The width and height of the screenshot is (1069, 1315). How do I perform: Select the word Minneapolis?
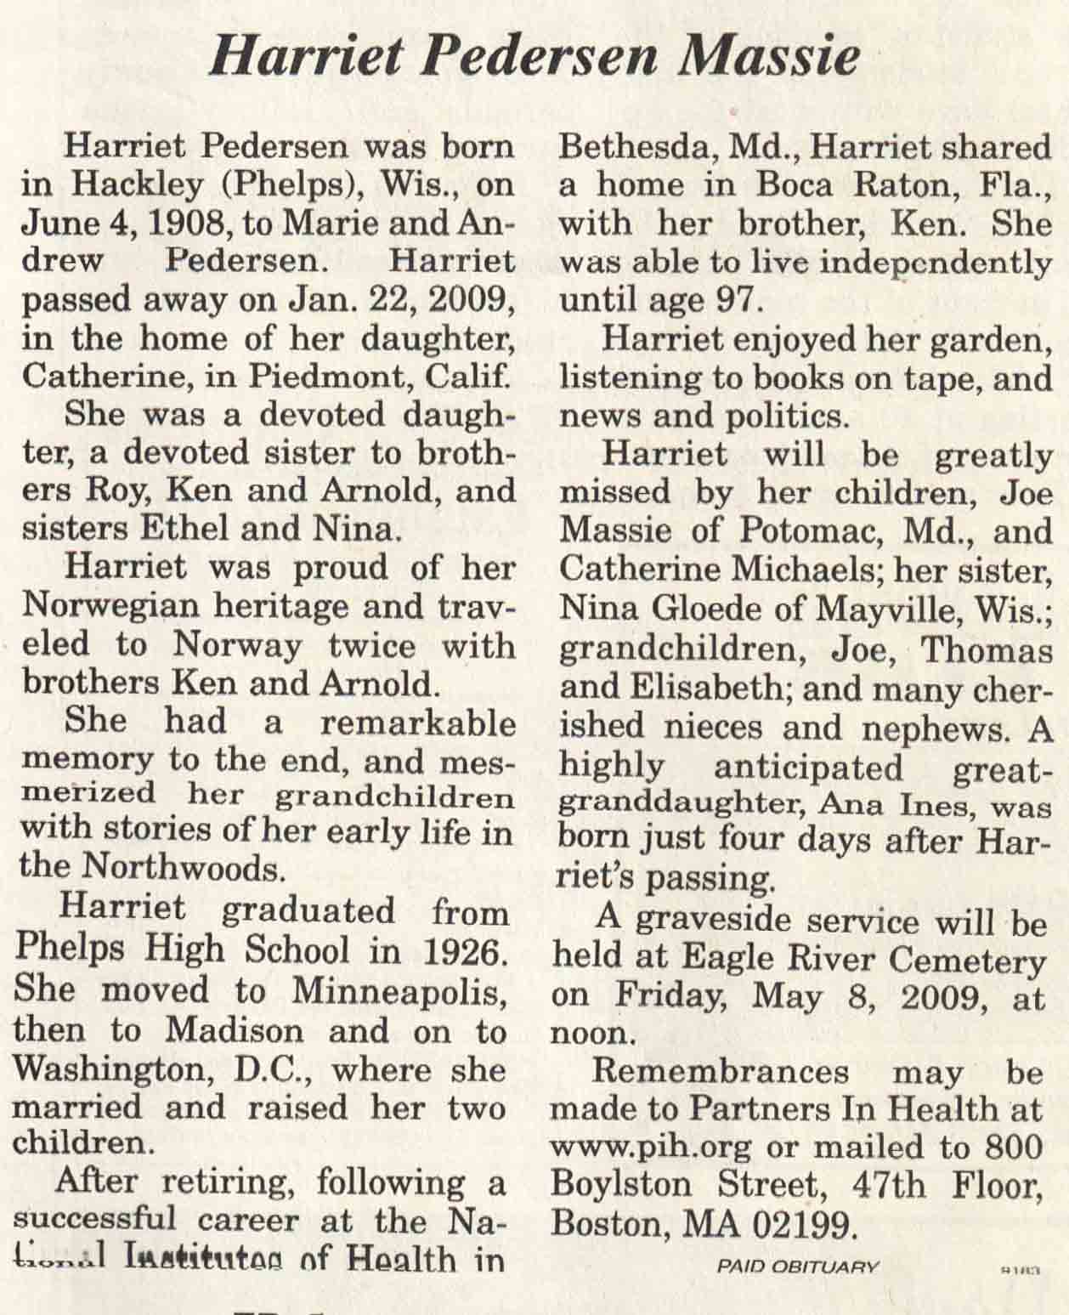[402, 989]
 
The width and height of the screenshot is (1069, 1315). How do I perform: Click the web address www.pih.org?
[651, 1148]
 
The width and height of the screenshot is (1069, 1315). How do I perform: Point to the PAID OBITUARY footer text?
[797, 1266]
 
